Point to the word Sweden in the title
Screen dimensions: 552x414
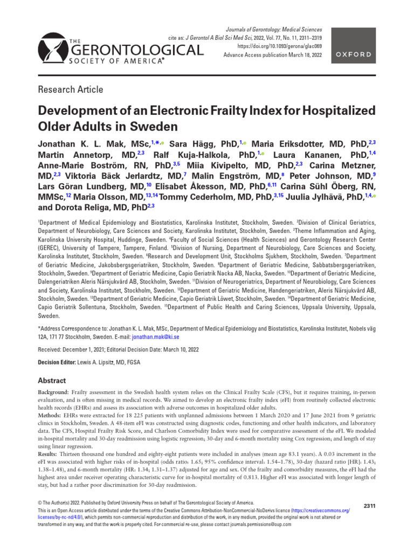156,128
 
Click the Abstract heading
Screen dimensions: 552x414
52,380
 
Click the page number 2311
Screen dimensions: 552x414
369,505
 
